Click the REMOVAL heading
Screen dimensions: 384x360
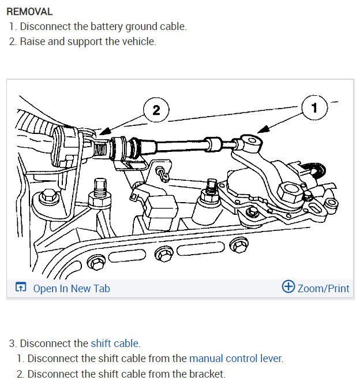point(29,12)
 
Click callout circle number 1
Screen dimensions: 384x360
point(314,107)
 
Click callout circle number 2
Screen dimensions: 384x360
point(156,110)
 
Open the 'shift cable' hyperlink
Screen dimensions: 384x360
point(115,343)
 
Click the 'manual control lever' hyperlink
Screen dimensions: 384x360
point(235,359)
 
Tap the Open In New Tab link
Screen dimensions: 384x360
point(71,288)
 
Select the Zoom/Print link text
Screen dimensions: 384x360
point(323,288)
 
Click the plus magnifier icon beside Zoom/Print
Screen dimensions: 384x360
point(288,287)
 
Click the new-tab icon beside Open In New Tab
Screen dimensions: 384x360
point(21,288)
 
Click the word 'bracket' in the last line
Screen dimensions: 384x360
point(206,374)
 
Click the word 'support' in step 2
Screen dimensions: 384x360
point(87,42)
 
